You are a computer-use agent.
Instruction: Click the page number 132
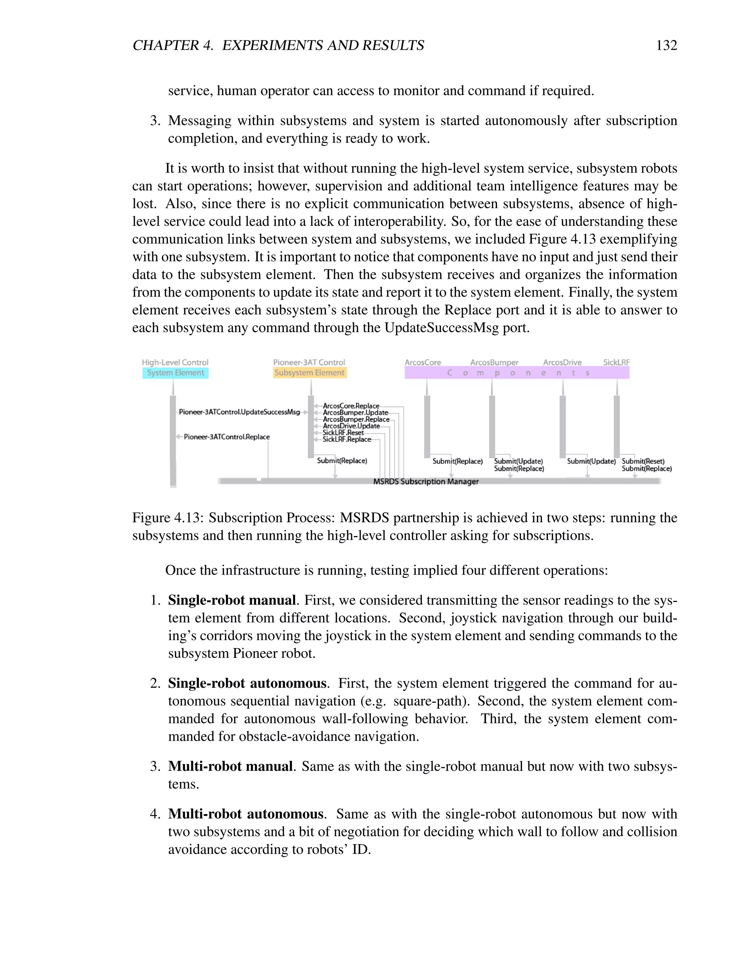666,45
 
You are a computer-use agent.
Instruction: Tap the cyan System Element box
175,373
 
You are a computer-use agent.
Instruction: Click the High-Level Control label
175,362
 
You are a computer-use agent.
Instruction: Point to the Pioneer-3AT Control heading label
309,362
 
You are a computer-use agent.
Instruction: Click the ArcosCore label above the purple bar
423,362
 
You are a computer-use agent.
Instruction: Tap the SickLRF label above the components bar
616,362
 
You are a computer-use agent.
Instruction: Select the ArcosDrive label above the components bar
562,362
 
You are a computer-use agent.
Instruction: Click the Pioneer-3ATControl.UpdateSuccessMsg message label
240,412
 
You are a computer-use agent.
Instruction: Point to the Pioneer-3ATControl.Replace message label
227,437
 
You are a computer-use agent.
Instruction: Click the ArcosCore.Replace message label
351,406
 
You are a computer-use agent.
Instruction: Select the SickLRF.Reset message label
343,433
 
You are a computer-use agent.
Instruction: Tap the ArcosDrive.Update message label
351,426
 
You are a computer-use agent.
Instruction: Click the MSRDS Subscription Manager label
426,481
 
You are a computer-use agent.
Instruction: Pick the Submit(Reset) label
643,461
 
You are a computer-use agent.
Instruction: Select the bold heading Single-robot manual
231,600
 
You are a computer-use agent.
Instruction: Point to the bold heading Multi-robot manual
230,767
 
